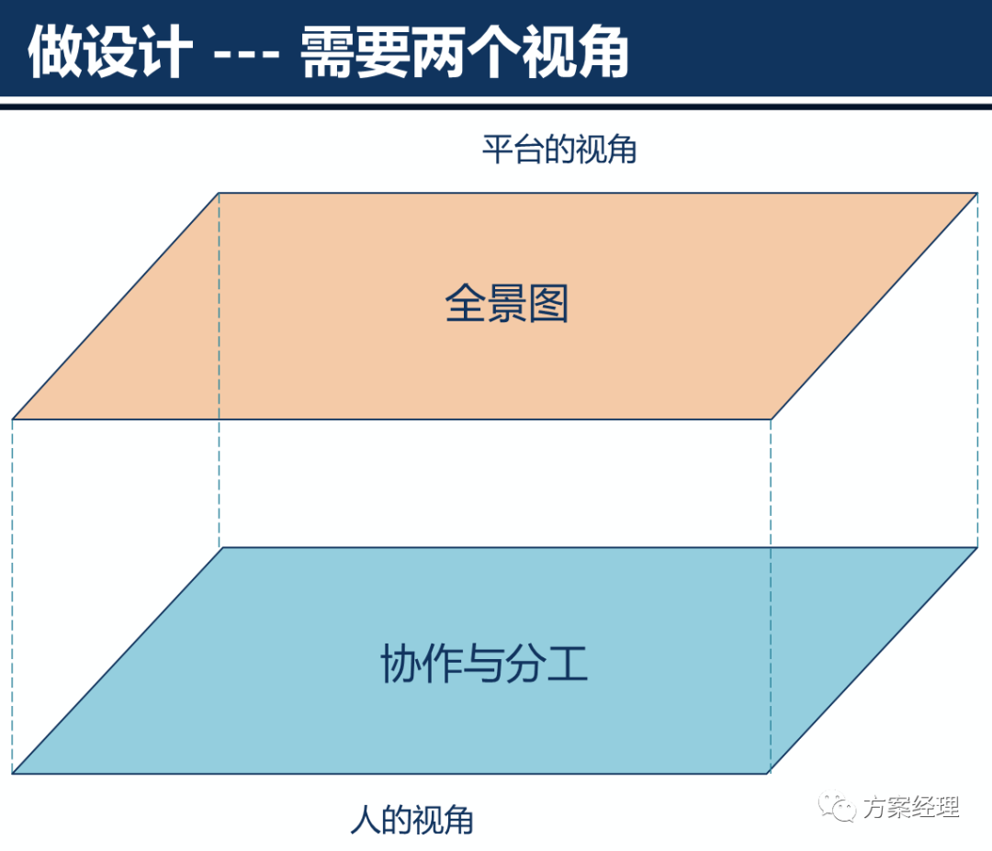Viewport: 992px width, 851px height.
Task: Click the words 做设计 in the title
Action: (x=110, y=52)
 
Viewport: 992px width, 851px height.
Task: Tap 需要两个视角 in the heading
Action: (x=465, y=52)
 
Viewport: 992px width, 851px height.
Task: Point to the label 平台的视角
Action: (x=559, y=150)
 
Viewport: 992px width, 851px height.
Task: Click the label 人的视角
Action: (x=411, y=819)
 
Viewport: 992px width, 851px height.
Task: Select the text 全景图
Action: (x=507, y=303)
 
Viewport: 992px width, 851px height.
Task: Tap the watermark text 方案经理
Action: (x=910, y=808)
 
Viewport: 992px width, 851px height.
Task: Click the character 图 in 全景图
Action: (x=549, y=303)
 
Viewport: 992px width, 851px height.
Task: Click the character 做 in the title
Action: (x=52, y=52)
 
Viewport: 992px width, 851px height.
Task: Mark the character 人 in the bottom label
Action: (x=365, y=819)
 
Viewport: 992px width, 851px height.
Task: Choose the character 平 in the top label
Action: (x=497, y=150)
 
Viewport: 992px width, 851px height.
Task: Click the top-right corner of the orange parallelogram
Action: (x=975, y=193)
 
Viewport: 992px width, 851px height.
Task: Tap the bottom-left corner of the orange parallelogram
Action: (x=13, y=419)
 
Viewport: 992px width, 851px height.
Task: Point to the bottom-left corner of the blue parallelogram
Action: (x=13, y=773)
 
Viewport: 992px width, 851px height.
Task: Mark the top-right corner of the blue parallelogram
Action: (x=975, y=548)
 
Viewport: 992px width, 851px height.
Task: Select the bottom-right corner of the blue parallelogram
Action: (x=770, y=773)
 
